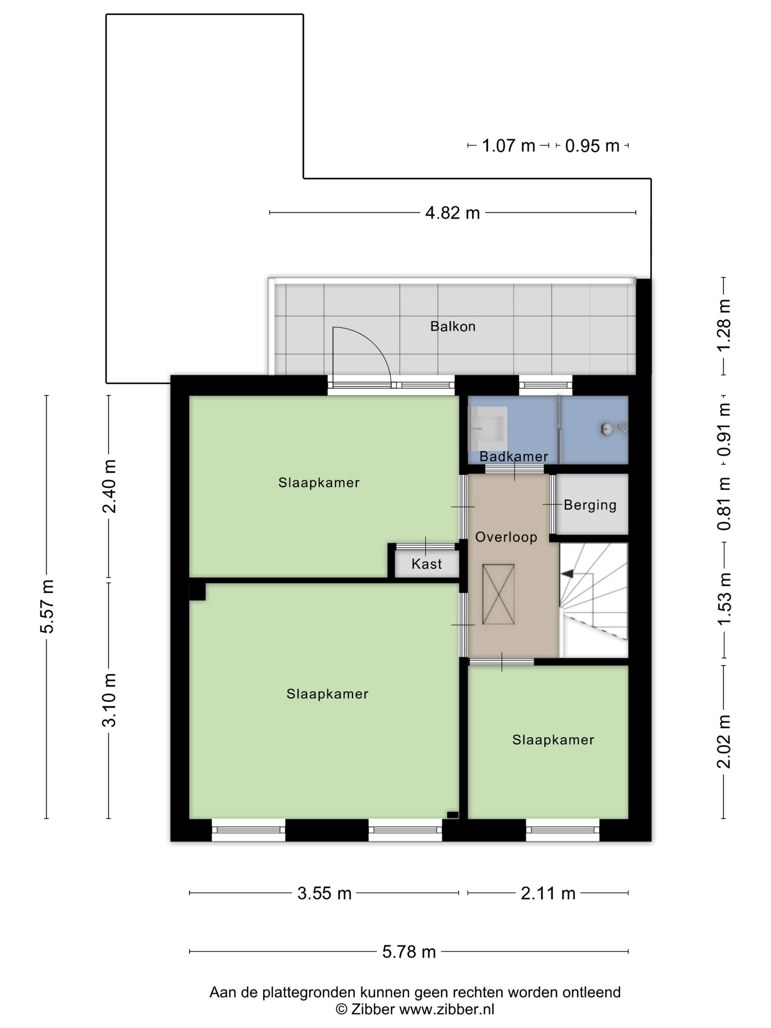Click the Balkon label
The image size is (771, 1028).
tap(453, 326)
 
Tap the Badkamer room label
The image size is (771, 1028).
tap(514, 456)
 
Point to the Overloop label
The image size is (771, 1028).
tap(506, 537)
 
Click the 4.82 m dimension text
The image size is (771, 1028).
tap(453, 213)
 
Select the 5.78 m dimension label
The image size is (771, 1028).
tap(409, 951)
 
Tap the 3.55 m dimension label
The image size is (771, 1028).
tap(325, 893)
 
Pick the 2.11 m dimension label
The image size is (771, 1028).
tap(548, 893)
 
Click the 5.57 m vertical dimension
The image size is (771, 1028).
tap(47, 607)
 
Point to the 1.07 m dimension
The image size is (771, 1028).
tap(508, 146)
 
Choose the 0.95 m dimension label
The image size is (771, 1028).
tap(592, 146)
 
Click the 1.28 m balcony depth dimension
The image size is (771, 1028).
tap(724, 325)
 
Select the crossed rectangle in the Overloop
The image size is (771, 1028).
tap(498, 594)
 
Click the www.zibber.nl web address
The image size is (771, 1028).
tap(446, 1009)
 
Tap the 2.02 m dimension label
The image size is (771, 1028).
tap(724, 742)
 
